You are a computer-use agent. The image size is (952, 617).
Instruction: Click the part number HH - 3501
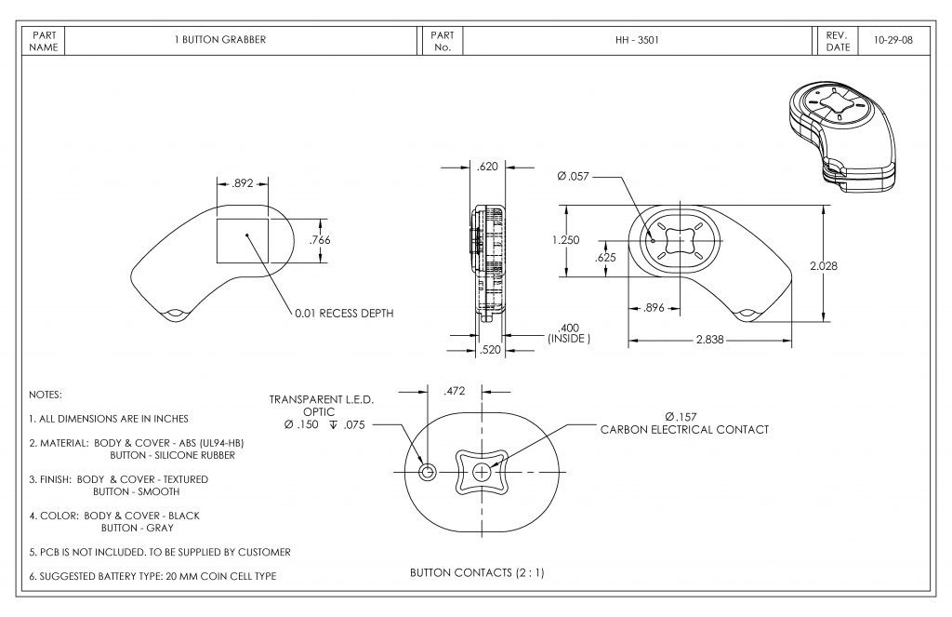point(636,40)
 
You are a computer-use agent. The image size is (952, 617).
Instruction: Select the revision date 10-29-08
point(892,40)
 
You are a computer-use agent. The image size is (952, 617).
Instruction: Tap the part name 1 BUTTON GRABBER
point(220,39)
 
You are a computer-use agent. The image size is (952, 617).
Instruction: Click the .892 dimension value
point(243,183)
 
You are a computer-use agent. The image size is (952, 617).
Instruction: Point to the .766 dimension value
point(320,239)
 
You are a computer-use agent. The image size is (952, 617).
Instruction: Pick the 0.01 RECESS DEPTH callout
point(344,313)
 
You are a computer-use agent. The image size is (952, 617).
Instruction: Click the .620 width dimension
point(487,167)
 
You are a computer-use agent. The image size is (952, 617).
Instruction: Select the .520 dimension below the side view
point(490,350)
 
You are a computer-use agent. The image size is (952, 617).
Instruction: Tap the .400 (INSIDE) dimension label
point(569,333)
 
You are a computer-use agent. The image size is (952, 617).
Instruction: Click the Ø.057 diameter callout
point(573,176)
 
